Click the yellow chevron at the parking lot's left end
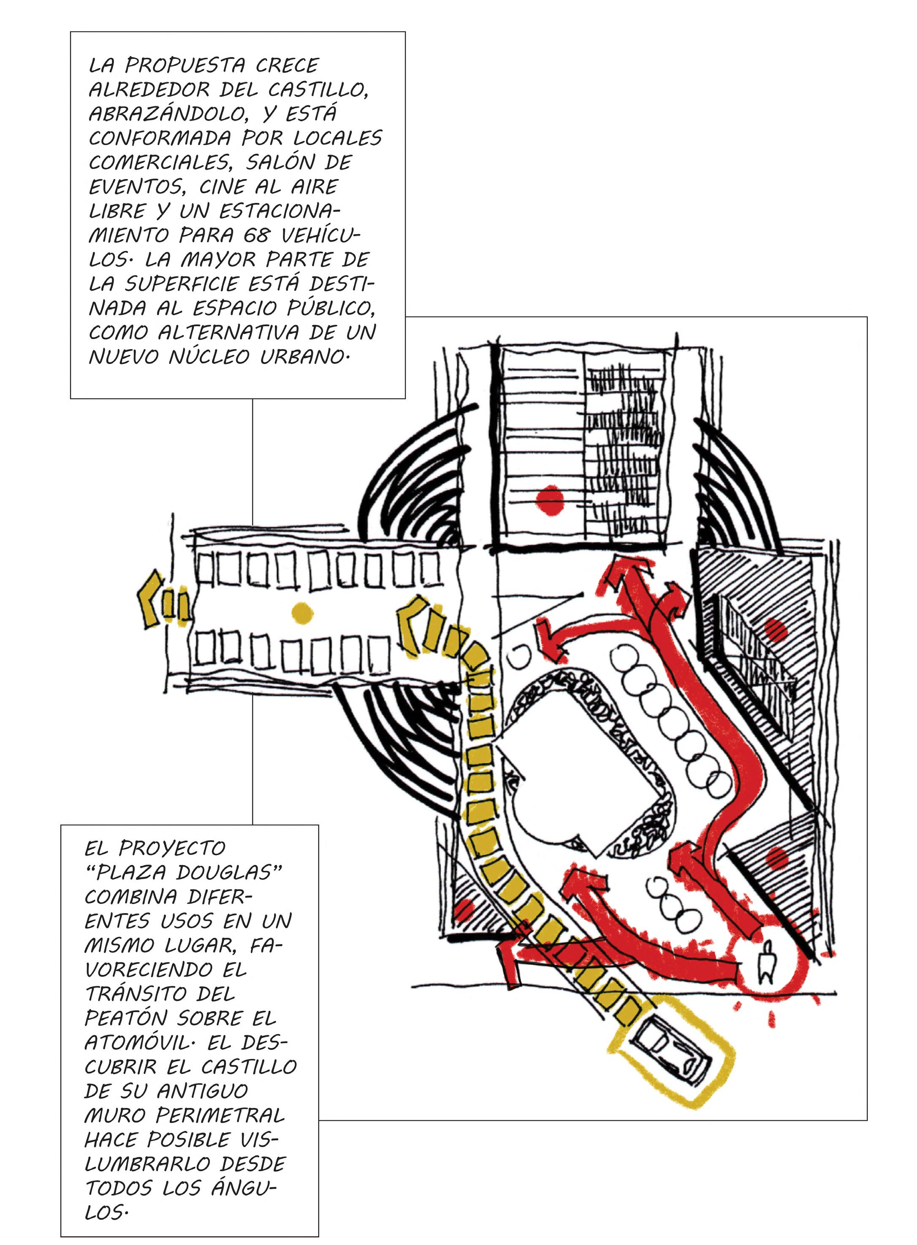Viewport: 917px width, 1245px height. (150, 600)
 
